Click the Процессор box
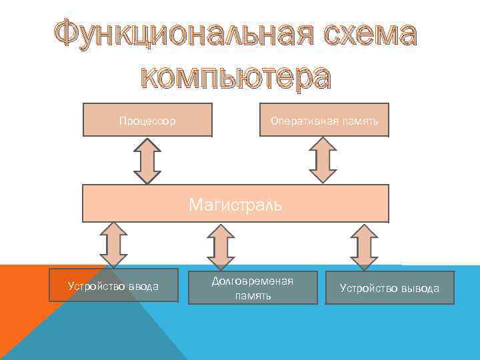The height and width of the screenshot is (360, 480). click(147, 121)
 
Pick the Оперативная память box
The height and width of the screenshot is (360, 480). click(324, 121)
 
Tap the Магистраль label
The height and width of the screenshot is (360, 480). click(235, 204)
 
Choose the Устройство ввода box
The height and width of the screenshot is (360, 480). click(113, 286)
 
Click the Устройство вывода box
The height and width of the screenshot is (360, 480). click(389, 288)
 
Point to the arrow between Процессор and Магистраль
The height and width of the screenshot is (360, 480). click(147, 161)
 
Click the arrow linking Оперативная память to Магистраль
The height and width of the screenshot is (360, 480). click(324, 161)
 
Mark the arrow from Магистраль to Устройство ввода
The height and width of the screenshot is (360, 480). click(113, 245)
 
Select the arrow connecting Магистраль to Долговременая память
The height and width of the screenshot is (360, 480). click(221, 245)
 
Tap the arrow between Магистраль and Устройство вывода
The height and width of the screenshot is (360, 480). click(364, 246)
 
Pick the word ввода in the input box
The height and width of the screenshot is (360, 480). click(143, 287)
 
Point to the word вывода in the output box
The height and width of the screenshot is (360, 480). click(420, 289)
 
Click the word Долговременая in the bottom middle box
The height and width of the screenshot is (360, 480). click(253, 281)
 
